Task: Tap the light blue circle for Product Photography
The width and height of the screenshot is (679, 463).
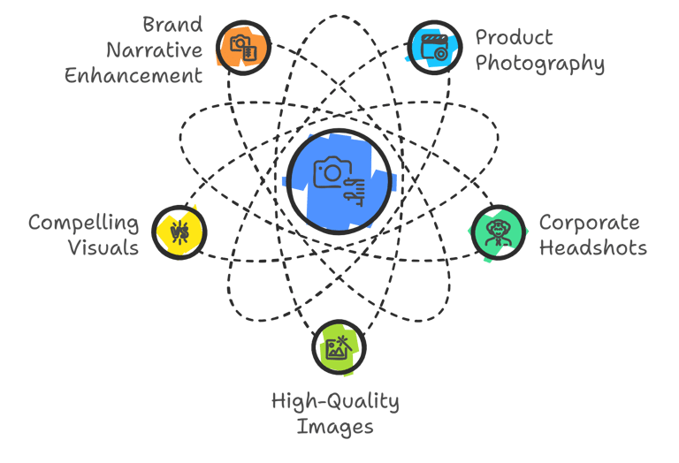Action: tap(434, 47)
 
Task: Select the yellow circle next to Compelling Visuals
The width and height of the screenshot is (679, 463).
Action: tap(179, 232)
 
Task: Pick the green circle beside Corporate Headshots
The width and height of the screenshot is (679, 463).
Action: tap(498, 233)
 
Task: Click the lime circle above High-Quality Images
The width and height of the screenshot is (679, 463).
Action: tap(339, 347)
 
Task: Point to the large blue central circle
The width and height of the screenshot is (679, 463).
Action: tap(339, 181)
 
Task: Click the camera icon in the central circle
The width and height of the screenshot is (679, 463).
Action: tap(329, 172)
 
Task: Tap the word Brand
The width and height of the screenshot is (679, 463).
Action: tap(173, 24)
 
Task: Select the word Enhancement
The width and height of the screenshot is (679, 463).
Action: tap(134, 75)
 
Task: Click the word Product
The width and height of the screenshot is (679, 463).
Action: tap(515, 37)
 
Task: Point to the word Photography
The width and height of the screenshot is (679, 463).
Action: tap(539, 64)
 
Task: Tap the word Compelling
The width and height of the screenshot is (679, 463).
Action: tap(83, 222)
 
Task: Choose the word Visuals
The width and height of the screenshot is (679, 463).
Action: tap(103, 247)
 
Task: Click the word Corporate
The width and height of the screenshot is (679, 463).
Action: tap(589, 222)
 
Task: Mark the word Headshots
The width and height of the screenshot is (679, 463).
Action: tap(592, 247)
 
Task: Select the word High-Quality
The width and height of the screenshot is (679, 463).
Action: tap(335, 402)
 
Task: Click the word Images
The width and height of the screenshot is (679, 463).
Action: tap(335, 428)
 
